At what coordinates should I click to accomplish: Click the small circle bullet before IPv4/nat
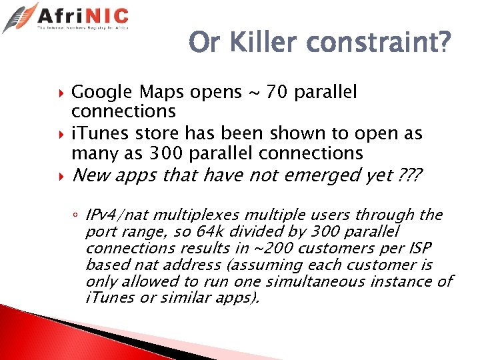pyautogui.click(x=77, y=215)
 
